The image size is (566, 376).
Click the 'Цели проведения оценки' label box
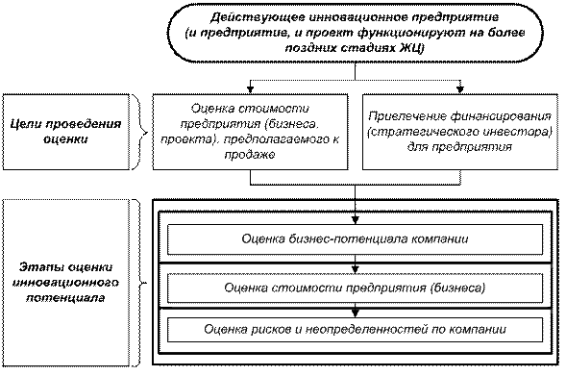point(65,132)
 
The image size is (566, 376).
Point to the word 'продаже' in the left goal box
point(250,155)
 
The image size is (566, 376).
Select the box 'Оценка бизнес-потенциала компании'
point(356,239)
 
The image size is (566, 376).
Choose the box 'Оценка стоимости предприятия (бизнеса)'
point(356,288)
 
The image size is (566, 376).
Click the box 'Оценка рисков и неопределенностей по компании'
point(356,330)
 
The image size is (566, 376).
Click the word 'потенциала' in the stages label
point(65,298)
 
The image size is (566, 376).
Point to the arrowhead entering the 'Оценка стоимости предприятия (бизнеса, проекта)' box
point(250,89)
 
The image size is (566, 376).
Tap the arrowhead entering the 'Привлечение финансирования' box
point(460,89)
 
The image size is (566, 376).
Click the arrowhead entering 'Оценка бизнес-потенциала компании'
point(356,220)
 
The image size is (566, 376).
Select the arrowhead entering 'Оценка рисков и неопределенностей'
point(356,313)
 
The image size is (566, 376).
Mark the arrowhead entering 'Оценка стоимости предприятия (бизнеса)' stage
point(356,269)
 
